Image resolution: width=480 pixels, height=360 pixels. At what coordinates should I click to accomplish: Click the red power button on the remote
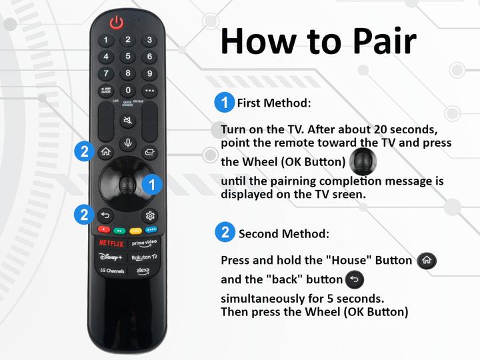coord(117,23)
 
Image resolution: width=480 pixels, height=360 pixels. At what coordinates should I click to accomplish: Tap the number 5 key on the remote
coord(127,57)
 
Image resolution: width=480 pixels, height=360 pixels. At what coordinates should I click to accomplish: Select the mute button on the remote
coord(127,121)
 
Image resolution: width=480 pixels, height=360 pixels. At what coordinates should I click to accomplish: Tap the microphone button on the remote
coord(127,143)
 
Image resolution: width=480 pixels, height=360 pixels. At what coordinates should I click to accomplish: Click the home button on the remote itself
coord(105,151)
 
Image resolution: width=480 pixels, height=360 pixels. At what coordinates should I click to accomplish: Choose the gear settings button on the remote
coord(150,215)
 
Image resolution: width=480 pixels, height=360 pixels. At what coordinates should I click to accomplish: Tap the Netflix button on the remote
coord(111,244)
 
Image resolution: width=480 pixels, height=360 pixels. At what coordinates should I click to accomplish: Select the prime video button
coord(144,244)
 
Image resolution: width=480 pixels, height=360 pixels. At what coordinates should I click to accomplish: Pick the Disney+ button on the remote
coord(111,257)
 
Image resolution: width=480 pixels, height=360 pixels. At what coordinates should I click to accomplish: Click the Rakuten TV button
coord(144,257)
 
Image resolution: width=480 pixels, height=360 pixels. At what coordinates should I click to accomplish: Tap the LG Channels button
coord(111,271)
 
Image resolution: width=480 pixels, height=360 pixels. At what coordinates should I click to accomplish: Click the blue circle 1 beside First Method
coord(224,103)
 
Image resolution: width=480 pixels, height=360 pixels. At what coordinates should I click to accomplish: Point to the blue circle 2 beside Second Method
coord(225,233)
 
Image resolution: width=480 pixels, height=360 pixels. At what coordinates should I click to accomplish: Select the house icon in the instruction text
coord(427,261)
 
